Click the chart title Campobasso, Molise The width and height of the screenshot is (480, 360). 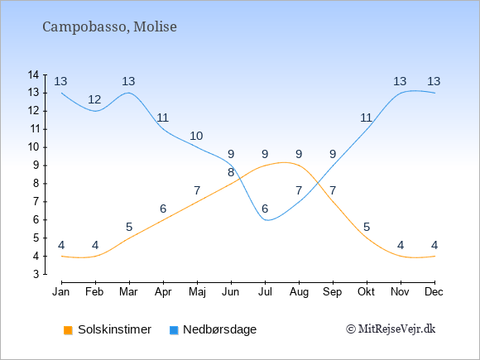[x=109, y=27]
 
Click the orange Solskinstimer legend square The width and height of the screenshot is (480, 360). [x=68, y=330]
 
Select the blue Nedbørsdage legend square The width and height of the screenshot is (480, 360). [x=174, y=330]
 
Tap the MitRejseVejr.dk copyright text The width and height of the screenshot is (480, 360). [x=391, y=329]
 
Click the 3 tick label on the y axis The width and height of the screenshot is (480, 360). [x=36, y=274]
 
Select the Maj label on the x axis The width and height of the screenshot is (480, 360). [x=197, y=292]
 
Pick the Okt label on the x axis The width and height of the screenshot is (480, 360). [x=367, y=292]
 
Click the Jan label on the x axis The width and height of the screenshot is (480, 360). [x=61, y=292]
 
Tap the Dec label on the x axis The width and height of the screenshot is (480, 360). [x=434, y=292]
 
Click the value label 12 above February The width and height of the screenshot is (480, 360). [x=94, y=99]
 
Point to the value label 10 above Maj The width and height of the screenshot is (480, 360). [x=196, y=136]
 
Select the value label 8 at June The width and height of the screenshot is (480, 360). [x=231, y=172]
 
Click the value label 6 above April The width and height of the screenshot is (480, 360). [x=163, y=209]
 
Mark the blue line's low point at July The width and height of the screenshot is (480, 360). [x=267, y=220]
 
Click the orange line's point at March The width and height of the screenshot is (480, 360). [x=129, y=238]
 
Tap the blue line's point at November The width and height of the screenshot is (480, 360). [x=401, y=93]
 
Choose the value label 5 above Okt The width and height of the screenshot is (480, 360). [x=367, y=227]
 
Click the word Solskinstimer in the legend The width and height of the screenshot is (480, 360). [x=114, y=329]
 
